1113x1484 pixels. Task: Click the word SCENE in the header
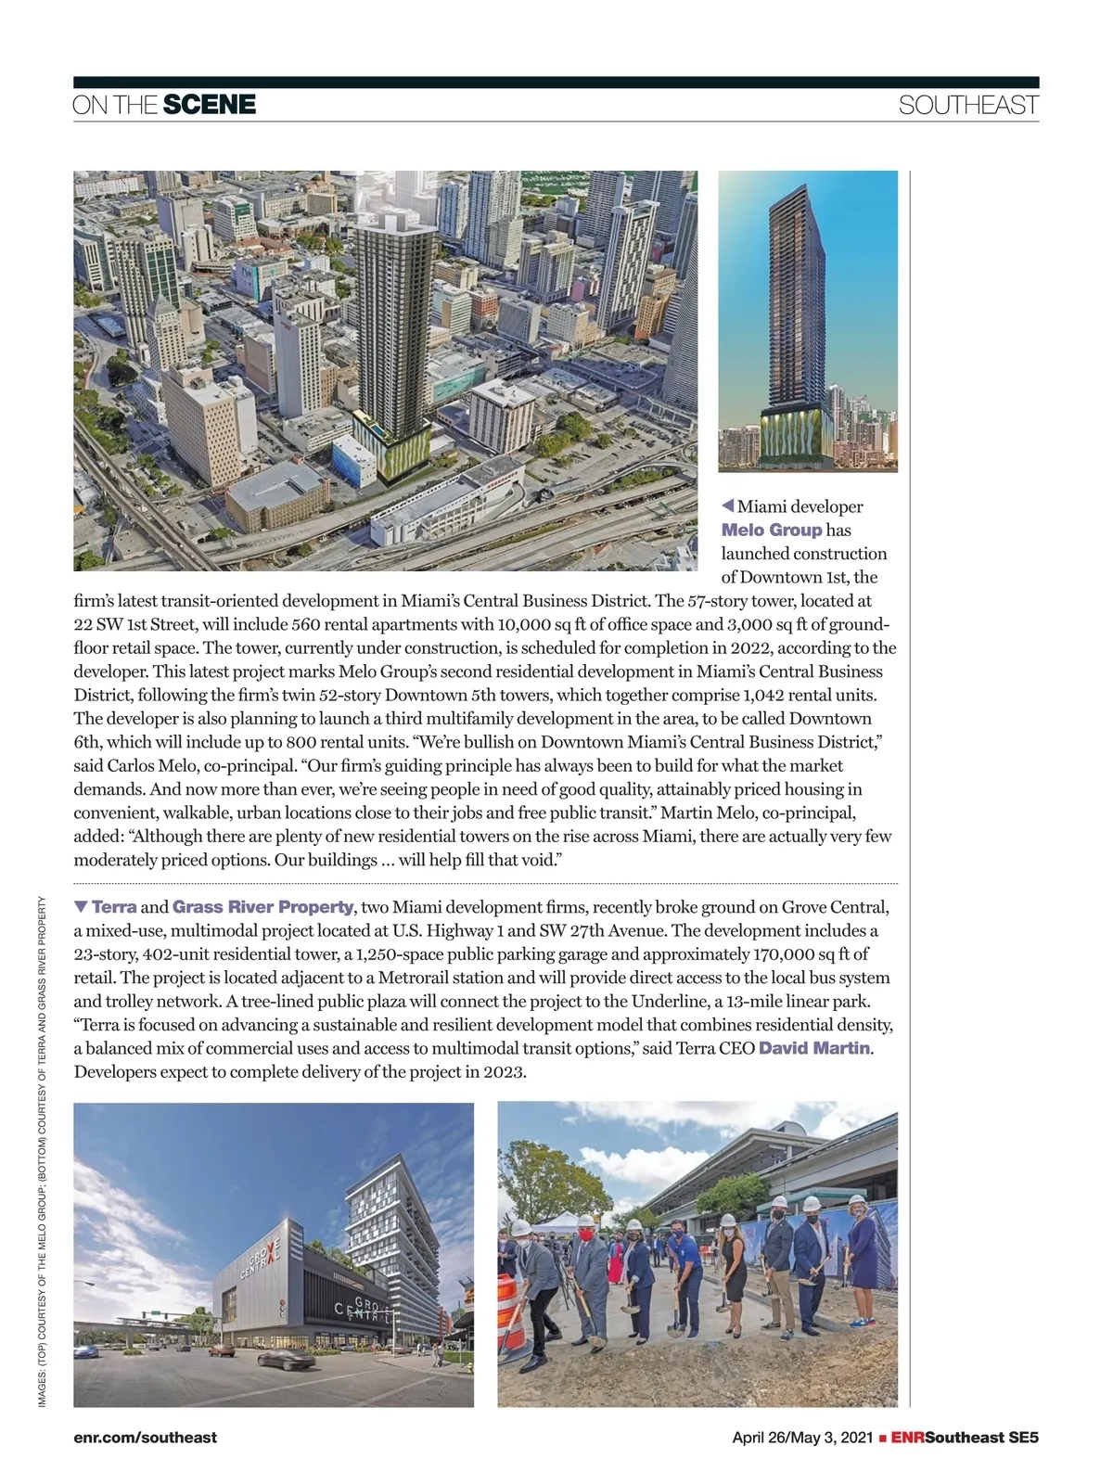tap(209, 105)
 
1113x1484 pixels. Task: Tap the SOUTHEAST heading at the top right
tap(967, 106)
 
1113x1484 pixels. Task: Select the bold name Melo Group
tap(772, 531)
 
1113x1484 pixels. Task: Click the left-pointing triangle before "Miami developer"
tap(728, 505)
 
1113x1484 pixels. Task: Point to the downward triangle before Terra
tap(81, 906)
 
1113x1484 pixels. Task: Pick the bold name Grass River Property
tap(262, 907)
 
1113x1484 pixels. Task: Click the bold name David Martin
tap(814, 1048)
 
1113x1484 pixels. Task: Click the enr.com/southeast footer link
tap(145, 1438)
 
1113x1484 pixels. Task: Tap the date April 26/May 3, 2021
tap(802, 1438)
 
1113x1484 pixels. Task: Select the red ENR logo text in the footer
tap(907, 1438)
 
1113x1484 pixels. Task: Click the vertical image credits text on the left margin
tap(43, 1150)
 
